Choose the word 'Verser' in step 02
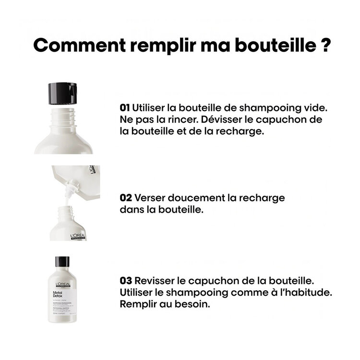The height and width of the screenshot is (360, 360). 152,198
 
